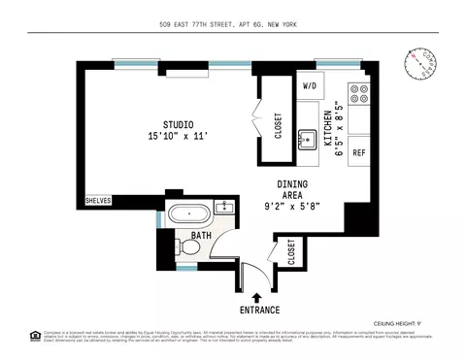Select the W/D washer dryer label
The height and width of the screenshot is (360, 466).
click(310, 85)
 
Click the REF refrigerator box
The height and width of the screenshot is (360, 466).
click(358, 153)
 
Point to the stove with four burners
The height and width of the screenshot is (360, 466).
click(359, 94)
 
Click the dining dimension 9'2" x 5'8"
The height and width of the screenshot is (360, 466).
click(292, 206)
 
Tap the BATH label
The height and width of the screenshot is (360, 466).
click(201, 236)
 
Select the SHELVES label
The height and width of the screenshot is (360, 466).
click(99, 200)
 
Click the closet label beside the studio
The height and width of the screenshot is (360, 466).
click(278, 125)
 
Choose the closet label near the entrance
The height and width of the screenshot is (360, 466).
click(291, 252)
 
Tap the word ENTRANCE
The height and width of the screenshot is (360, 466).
click(256, 311)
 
